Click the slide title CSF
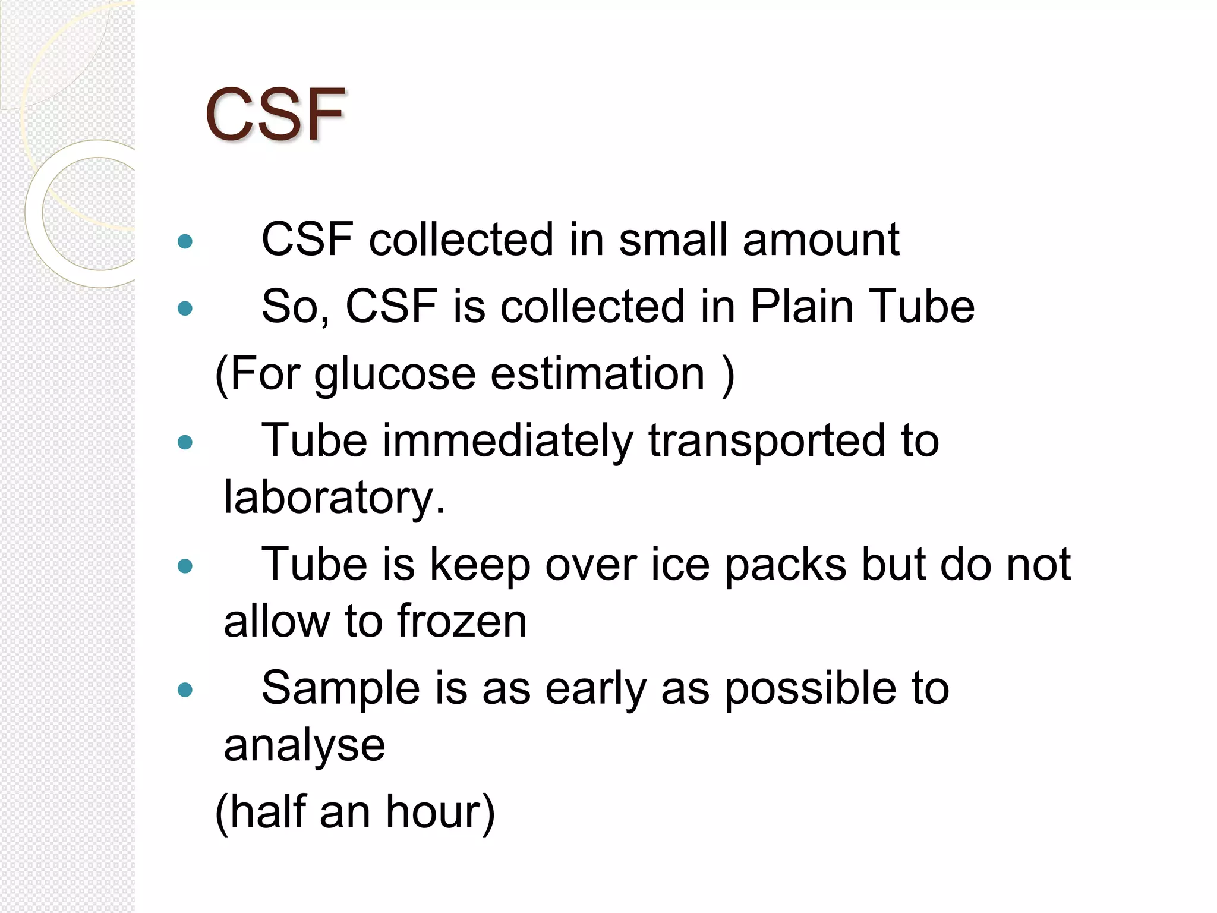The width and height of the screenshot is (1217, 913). click(x=275, y=114)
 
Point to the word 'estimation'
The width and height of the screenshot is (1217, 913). click(x=598, y=374)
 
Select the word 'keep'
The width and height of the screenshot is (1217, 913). click(x=480, y=565)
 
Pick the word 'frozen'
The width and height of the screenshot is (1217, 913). click(x=462, y=621)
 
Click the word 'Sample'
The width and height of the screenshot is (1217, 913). click(x=340, y=689)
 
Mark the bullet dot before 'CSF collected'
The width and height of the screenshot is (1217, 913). click(x=185, y=241)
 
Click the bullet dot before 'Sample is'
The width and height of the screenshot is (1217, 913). click(x=185, y=690)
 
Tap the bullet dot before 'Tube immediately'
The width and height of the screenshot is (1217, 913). click(x=185, y=442)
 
